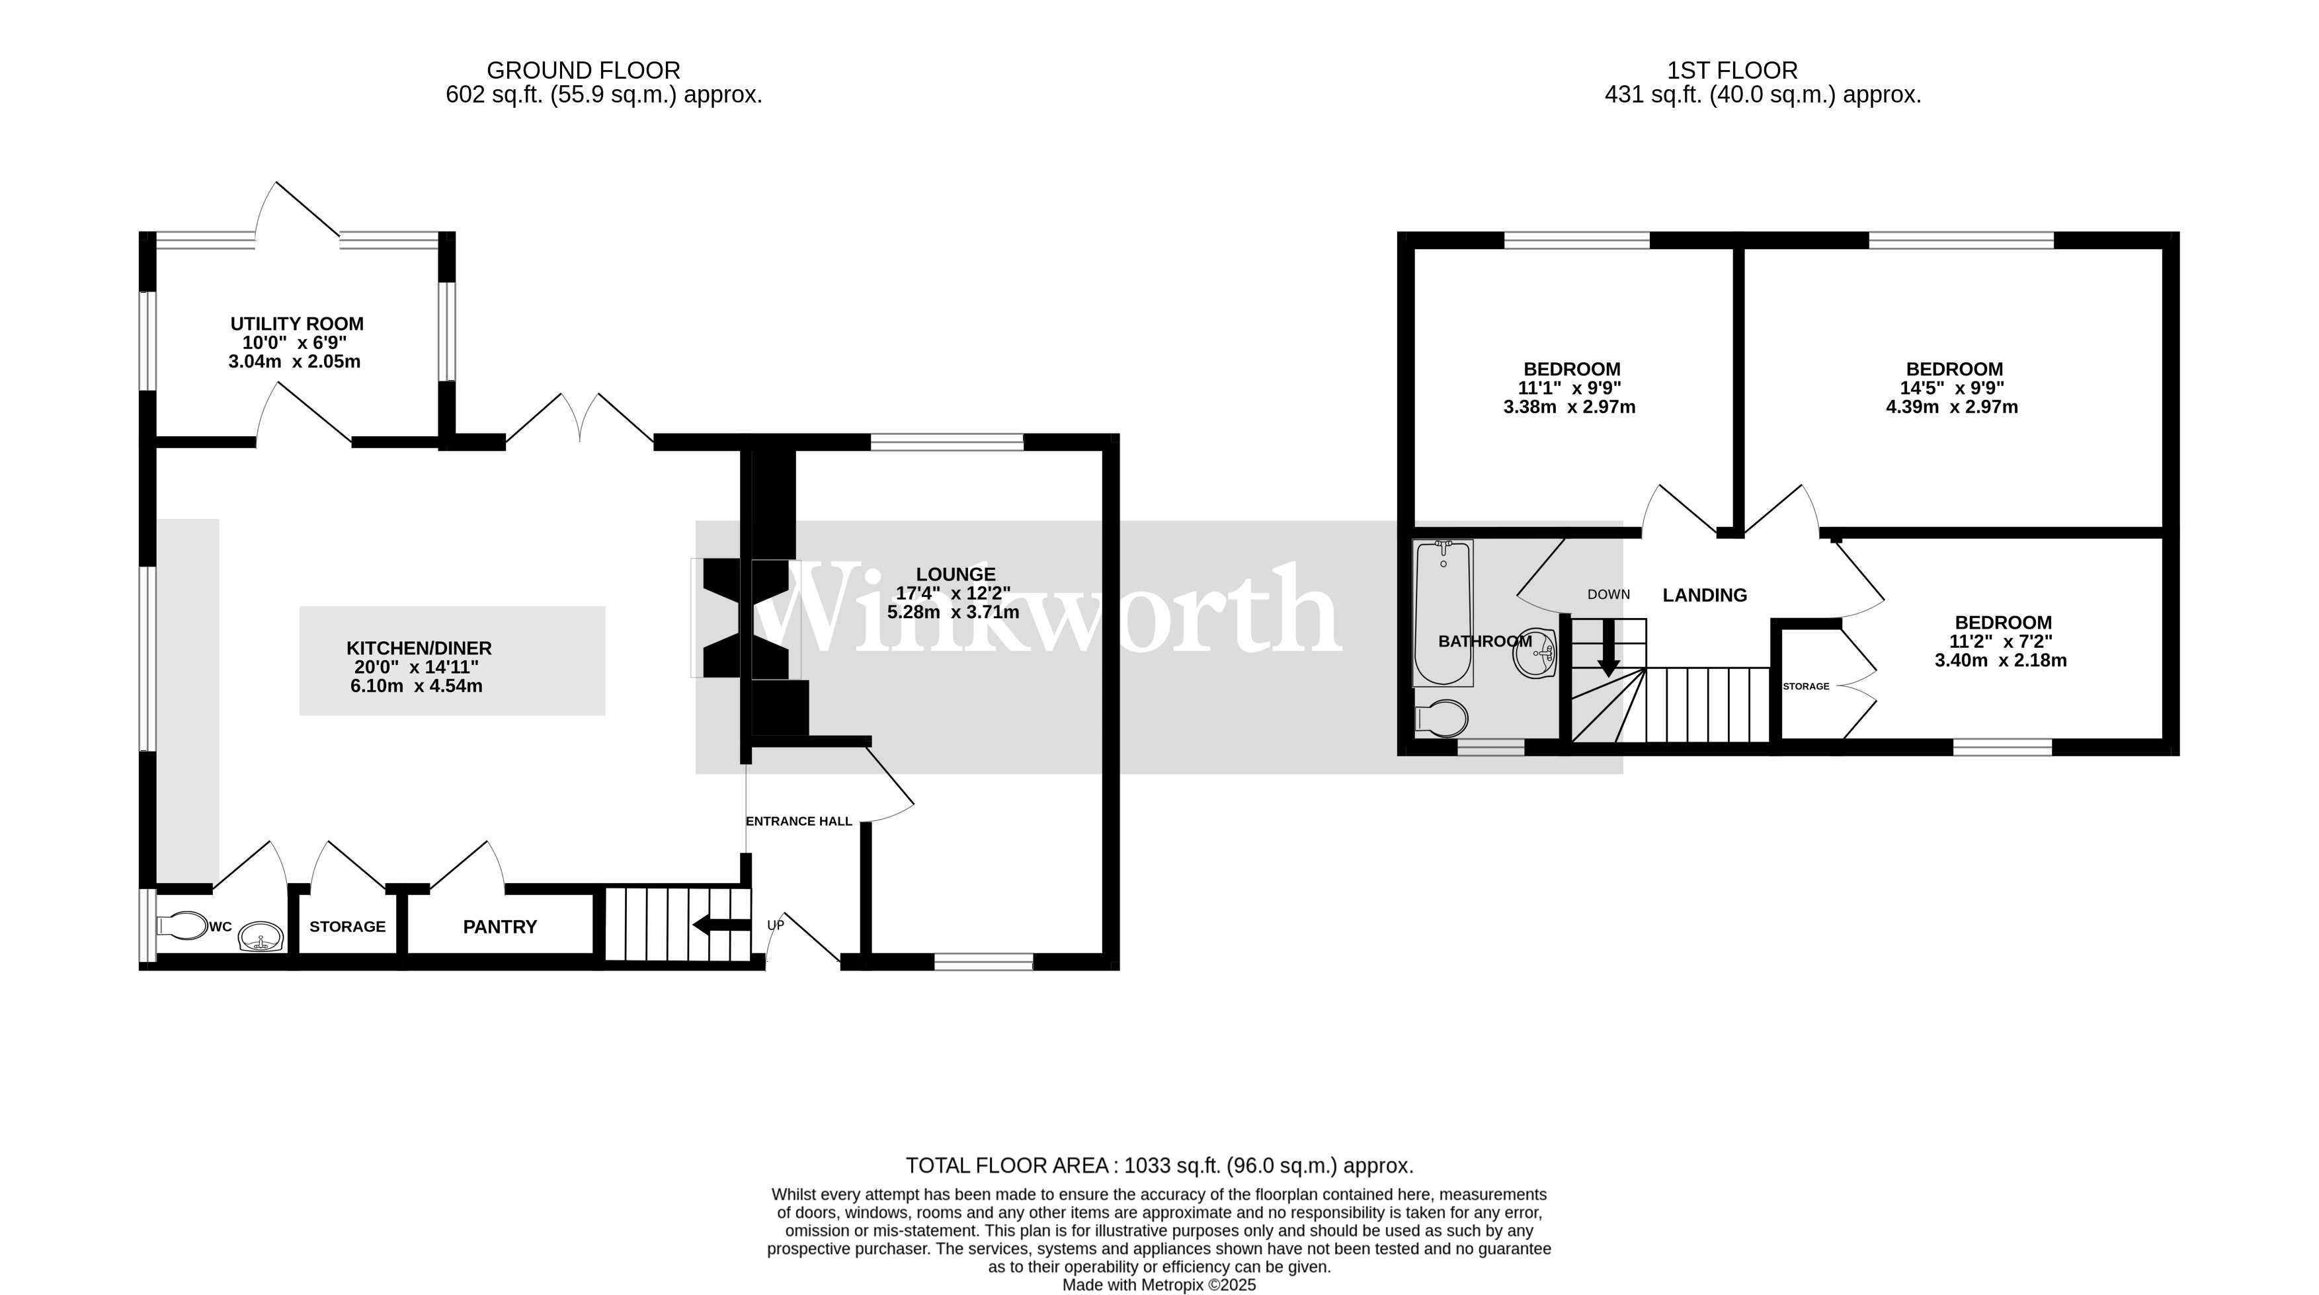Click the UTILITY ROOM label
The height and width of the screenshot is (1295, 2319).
(x=297, y=324)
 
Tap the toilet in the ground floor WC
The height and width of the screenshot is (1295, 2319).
(x=182, y=926)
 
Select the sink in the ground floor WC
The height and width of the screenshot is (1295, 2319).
(x=262, y=939)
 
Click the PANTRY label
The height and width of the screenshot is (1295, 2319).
(x=500, y=927)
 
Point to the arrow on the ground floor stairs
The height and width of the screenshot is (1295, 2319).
(x=720, y=924)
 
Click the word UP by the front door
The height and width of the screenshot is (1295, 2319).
(x=775, y=925)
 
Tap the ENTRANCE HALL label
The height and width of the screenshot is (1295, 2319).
(x=799, y=822)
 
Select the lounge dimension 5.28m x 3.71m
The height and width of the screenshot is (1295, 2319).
(x=954, y=613)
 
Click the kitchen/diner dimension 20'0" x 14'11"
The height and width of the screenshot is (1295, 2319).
(x=416, y=667)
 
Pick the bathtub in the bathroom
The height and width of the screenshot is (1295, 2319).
(x=1443, y=612)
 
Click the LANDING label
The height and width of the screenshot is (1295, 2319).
(x=1704, y=595)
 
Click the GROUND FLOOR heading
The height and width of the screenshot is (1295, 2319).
(x=583, y=70)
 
